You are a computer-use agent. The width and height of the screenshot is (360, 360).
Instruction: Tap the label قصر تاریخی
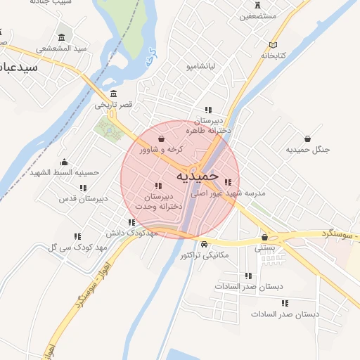click(x=114, y=105)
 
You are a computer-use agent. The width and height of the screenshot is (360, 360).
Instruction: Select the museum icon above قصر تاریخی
click(x=114, y=94)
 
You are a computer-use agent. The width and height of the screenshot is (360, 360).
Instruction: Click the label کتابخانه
click(x=274, y=55)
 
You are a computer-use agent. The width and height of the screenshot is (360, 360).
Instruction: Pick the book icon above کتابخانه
click(x=274, y=44)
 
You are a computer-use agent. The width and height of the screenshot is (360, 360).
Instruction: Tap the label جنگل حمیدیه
click(x=308, y=150)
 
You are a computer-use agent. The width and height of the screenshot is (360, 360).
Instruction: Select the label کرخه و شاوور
click(x=161, y=149)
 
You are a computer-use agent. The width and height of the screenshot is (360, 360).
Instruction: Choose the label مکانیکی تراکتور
click(x=205, y=255)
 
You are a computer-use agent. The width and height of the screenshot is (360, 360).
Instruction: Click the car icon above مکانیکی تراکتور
click(x=204, y=245)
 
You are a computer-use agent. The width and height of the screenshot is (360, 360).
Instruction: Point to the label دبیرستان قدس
click(x=83, y=198)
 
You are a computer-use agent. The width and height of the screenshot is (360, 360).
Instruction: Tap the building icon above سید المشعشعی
click(x=62, y=37)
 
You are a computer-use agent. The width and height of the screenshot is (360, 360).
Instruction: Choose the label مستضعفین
click(x=258, y=15)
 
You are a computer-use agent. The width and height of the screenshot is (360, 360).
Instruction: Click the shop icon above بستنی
click(x=265, y=237)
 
